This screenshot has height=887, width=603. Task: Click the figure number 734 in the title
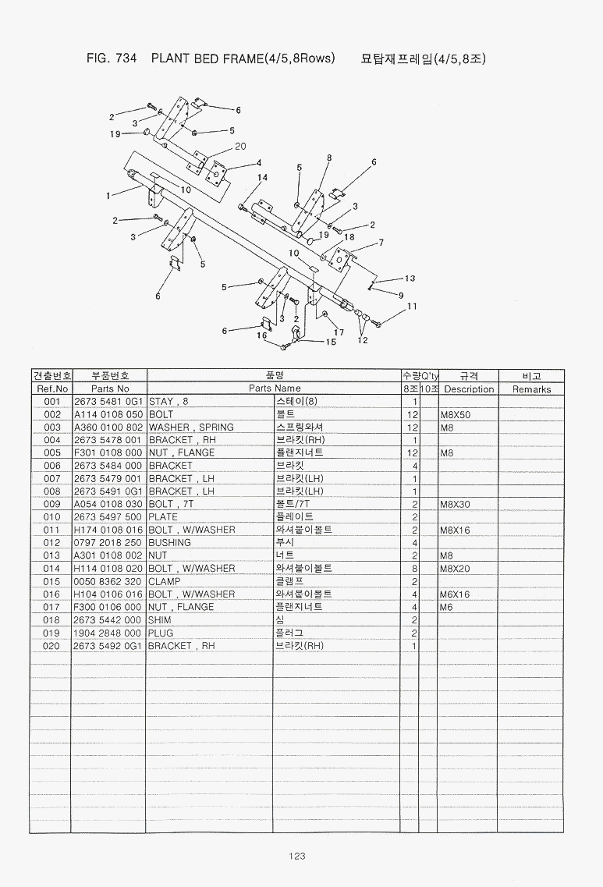(x=126, y=59)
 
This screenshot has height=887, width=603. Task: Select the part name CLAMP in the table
(x=165, y=581)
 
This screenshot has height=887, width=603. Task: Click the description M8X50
(x=456, y=415)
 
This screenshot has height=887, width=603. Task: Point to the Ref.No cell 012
(x=51, y=543)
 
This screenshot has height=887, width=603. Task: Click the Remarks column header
(x=532, y=389)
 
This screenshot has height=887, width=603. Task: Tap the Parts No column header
(x=110, y=389)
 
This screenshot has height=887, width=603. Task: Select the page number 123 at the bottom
(x=297, y=856)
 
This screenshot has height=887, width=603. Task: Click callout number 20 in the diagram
(x=240, y=146)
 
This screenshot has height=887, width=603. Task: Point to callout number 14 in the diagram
(x=262, y=178)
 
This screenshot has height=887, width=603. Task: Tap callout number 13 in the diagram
(x=410, y=279)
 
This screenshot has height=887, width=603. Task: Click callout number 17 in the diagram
(x=339, y=332)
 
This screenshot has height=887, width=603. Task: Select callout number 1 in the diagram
(x=108, y=196)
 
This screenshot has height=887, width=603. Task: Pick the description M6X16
(x=455, y=594)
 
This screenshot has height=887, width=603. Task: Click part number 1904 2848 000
(x=108, y=633)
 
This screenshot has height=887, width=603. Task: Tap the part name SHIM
(x=159, y=620)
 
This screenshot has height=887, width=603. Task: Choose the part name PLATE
(x=163, y=517)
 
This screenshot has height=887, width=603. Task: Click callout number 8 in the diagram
(x=329, y=158)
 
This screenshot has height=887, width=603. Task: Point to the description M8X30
(x=455, y=505)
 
